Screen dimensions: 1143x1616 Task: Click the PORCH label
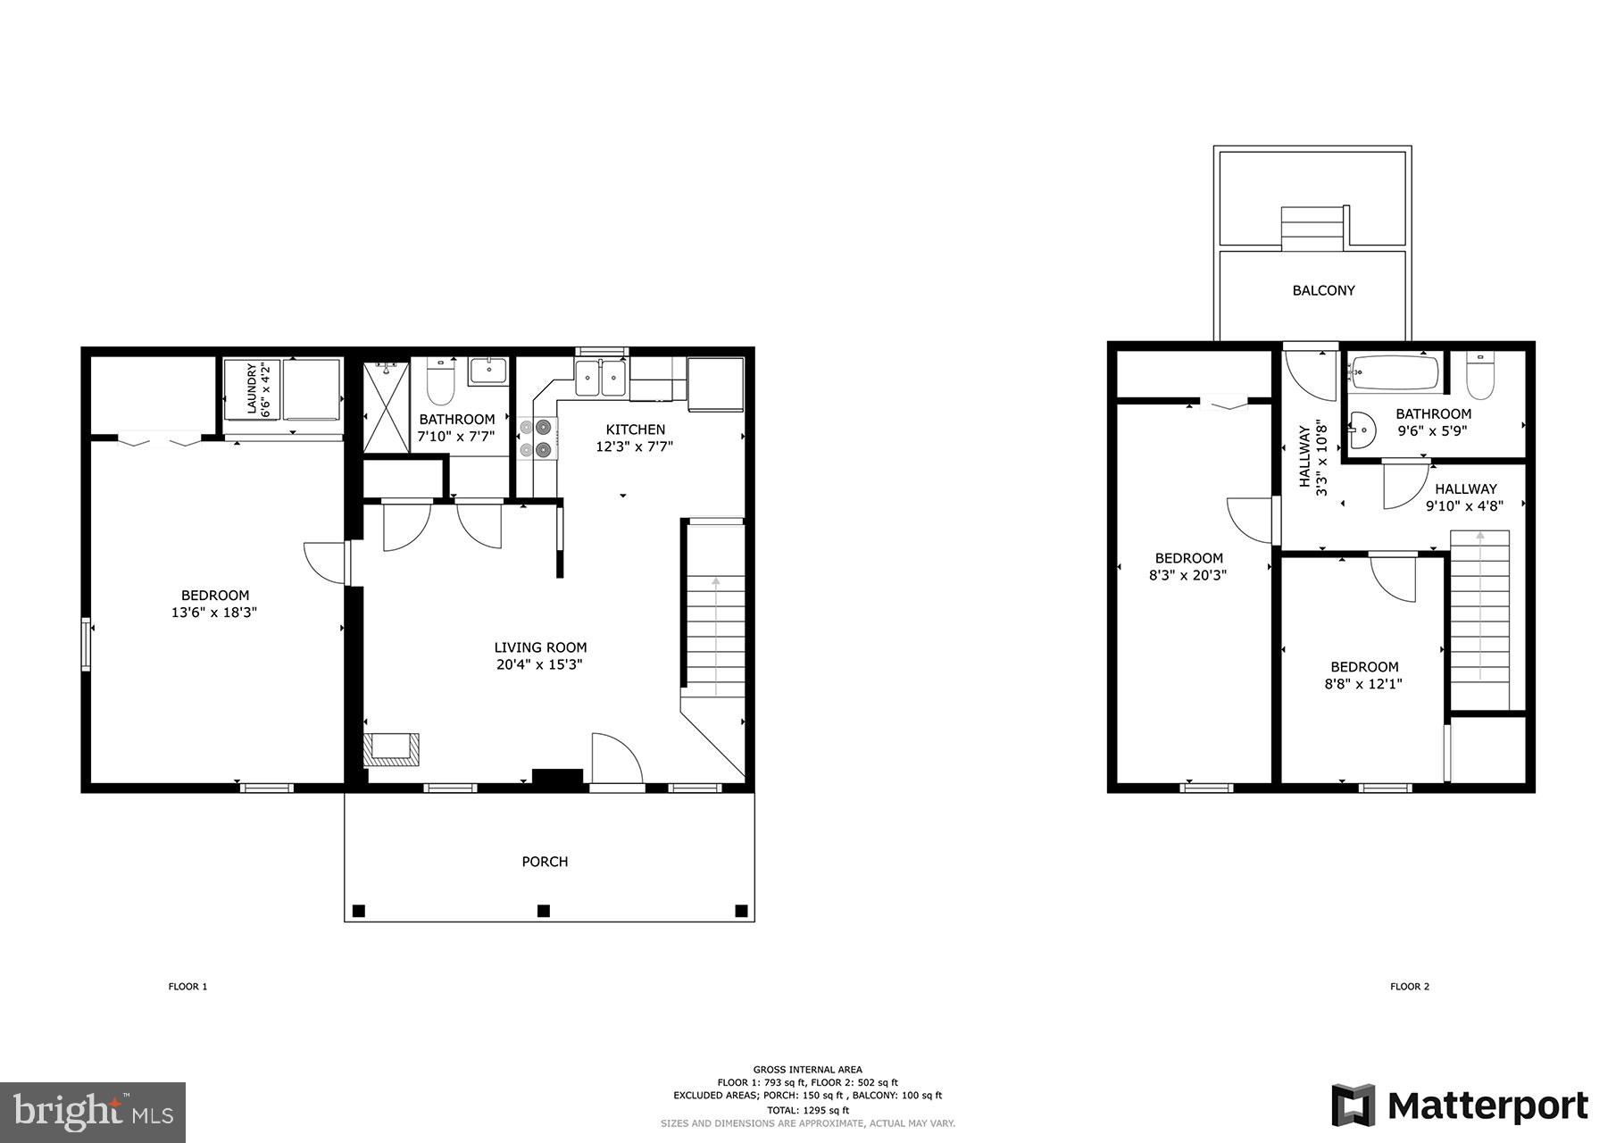545,862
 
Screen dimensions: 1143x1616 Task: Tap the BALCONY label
1323,290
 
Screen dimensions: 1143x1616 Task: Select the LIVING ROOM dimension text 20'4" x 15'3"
540,665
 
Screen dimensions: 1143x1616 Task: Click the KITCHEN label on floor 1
635,430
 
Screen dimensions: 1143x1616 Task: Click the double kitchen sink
601,378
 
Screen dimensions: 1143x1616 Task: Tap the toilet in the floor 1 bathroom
440,384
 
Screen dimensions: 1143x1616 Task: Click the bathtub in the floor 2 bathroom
1394,372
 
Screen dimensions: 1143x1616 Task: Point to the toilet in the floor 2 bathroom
1479,377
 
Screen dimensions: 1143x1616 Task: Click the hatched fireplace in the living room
391,748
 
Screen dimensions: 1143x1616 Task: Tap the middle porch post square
543,911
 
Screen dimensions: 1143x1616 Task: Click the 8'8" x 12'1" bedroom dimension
1363,685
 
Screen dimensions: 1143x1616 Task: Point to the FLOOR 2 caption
1409,987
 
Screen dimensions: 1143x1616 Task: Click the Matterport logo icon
1354,1105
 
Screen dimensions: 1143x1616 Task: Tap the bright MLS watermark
93,1112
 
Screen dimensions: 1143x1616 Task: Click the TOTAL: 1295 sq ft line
807,1110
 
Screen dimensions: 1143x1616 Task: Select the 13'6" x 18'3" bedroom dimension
214,613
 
